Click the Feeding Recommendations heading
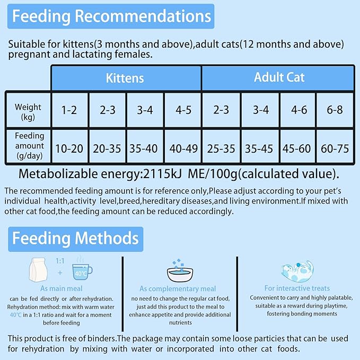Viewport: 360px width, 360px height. click(x=111, y=16)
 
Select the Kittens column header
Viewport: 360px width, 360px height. click(x=125, y=78)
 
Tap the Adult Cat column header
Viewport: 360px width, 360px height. click(x=279, y=77)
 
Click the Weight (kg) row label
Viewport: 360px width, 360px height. click(x=28, y=111)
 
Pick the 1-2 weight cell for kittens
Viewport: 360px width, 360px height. click(x=69, y=110)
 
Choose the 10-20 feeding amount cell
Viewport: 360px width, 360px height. click(x=69, y=148)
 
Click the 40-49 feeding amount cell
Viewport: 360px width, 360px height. click(x=182, y=148)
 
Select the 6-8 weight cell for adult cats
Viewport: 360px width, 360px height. click(x=335, y=110)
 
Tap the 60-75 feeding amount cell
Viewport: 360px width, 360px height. click(x=335, y=148)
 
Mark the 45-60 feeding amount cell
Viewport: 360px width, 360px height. click(x=297, y=148)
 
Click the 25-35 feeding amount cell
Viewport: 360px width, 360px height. click(x=221, y=148)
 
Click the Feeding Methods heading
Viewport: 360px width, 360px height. click(x=75, y=238)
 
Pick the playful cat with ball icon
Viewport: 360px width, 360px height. click(x=297, y=270)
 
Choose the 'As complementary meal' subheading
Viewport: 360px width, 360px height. click(x=178, y=289)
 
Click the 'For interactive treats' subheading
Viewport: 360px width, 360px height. click(x=297, y=288)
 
